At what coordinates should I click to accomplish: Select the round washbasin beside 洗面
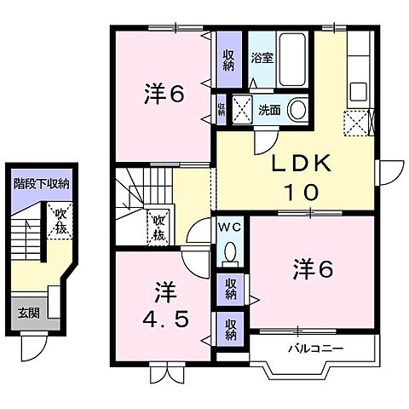(298, 110)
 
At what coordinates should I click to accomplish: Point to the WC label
(230, 228)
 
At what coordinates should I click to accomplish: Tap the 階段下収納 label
(40, 182)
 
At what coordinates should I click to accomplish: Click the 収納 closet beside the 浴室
(229, 60)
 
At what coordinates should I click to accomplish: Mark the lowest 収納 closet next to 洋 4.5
(231, 328)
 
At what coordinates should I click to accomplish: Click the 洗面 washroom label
(269, 110)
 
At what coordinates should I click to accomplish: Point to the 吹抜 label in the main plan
(158, 228)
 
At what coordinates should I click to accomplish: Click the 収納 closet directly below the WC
(231, 287)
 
